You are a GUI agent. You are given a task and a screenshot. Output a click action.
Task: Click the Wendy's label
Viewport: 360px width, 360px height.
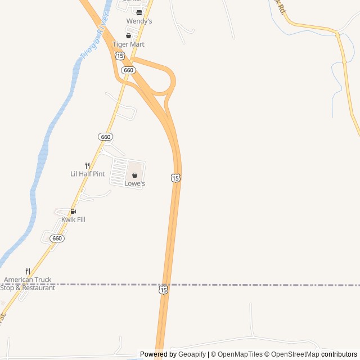139,21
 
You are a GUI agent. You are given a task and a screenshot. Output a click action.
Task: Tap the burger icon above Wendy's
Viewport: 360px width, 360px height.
139,12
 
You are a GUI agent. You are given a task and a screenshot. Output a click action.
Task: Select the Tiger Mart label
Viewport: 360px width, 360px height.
128,44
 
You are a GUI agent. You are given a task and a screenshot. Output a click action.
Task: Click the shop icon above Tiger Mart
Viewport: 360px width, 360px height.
128,35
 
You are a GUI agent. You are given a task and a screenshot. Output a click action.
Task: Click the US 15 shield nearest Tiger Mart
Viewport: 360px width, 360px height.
120,56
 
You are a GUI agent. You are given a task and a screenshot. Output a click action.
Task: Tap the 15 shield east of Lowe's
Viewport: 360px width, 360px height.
175,178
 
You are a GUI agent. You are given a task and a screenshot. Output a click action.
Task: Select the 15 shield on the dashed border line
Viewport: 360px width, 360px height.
163,289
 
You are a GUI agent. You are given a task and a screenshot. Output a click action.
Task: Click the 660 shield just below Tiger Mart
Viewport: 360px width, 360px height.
128,70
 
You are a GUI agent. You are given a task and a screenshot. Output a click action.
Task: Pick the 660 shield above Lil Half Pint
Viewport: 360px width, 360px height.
105,137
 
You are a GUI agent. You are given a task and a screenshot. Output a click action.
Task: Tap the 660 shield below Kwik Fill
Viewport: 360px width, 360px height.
56,238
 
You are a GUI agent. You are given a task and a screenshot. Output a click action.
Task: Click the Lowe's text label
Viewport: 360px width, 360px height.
134,184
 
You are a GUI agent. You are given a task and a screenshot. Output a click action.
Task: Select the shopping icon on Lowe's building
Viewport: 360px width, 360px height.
134,175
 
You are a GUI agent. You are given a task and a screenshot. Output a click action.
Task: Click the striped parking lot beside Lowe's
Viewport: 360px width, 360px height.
118,172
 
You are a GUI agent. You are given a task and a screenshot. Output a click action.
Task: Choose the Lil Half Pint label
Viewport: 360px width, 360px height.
87,174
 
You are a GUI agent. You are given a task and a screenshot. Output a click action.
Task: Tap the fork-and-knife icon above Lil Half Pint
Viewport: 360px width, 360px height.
87,165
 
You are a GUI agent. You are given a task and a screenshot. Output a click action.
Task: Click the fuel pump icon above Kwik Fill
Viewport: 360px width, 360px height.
73,211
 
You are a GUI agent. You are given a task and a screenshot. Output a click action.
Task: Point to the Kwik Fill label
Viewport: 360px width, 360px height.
73,220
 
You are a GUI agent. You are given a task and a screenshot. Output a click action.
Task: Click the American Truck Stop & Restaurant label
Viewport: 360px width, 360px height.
28,283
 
